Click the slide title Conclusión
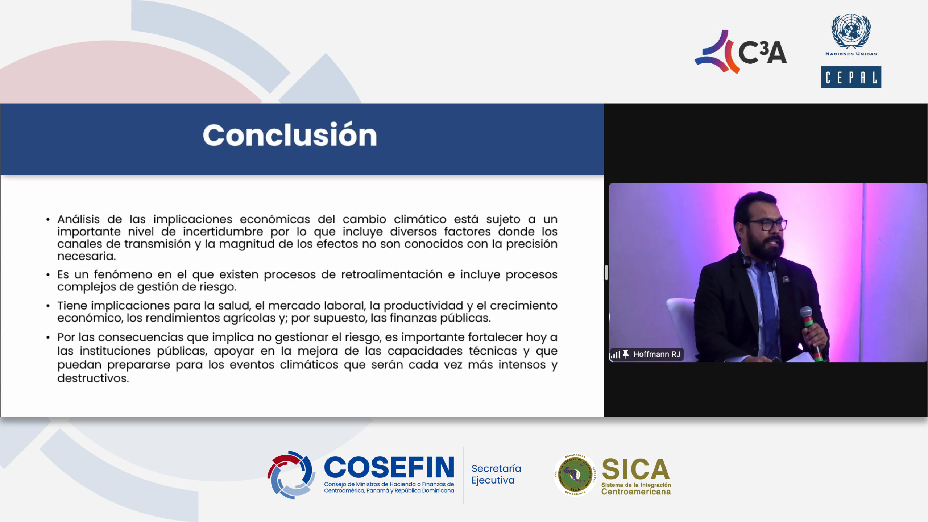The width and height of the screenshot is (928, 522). [290, 135]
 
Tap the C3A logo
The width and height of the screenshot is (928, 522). [741, 52]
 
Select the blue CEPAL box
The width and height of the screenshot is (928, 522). [851, 77]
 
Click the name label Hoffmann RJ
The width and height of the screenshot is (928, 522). [656, 354]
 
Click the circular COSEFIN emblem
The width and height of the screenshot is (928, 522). [291, 475]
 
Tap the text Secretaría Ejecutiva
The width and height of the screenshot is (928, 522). [496, 474]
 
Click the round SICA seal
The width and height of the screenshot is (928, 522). [575, 475]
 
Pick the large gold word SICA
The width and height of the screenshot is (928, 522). [635, 469]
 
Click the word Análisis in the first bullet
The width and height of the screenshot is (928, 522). [78, 219]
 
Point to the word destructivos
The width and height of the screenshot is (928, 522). [93, 378]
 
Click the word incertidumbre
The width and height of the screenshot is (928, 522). [223, 231]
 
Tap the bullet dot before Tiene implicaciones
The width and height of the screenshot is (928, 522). [48, 306]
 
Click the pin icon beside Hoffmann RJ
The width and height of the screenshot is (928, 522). [626, 354]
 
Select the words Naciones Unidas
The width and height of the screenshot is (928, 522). [851, 54]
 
